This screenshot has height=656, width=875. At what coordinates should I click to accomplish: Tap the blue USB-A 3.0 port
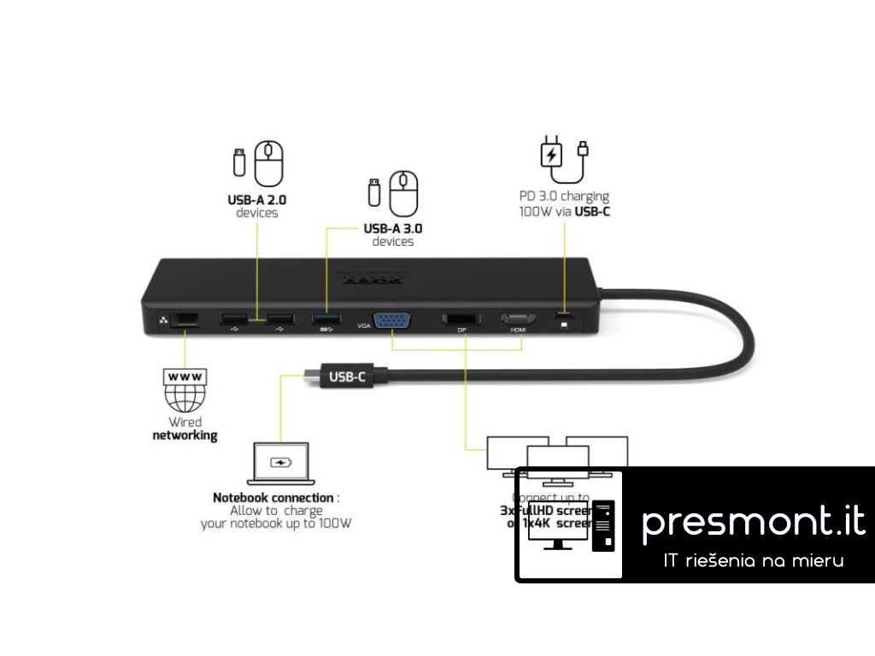pos(326,320)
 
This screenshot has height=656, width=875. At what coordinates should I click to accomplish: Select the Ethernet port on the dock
pos(185,321)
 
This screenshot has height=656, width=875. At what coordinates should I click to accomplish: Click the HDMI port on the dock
pos(518,319)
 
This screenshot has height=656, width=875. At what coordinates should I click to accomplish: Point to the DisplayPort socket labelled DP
pos(461,319)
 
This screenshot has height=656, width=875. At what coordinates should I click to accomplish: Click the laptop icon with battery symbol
pos(281,466)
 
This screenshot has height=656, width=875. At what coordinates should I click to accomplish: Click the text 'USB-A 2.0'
pos(256,200)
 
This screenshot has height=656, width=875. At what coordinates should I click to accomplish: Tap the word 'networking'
pos(185,436)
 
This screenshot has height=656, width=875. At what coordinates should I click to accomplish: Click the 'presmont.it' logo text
pos(753,522)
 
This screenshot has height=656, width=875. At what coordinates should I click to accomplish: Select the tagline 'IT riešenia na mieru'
pos(754,561)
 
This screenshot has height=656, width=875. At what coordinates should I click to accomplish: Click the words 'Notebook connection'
pos(273,498)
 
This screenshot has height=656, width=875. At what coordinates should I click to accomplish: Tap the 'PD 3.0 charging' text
pos(564,196)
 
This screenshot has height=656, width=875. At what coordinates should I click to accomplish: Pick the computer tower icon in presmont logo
pos(604,523)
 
